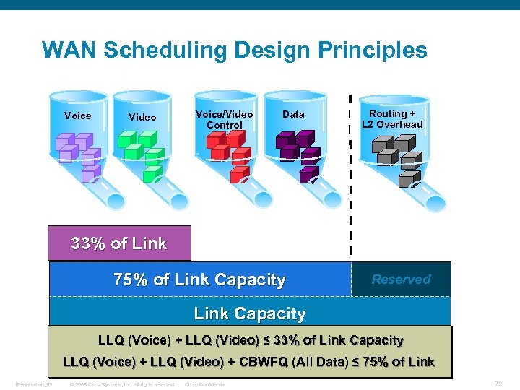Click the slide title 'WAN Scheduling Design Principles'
click(x=234, y=51)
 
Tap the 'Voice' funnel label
click(x=78, y=116)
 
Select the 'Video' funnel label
click(x=142, y=117)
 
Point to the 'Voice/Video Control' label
click(x=225, y=119)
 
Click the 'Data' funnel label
click(x=293, y=114)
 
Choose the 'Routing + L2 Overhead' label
click(x=392, y=119)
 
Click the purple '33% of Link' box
click(x=119, y=243)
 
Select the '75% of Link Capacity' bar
click(x=200, y=279)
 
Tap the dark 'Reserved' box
click(x=401, y=279)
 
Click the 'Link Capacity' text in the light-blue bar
click(x=250, y=313)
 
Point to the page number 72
click(x=498, y=383)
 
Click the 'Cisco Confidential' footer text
click(x=206, y=384)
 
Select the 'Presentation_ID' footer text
click(x=34, y=384)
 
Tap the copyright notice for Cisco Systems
click(x=121, y=384)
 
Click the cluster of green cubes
click(x=140, y=152)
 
